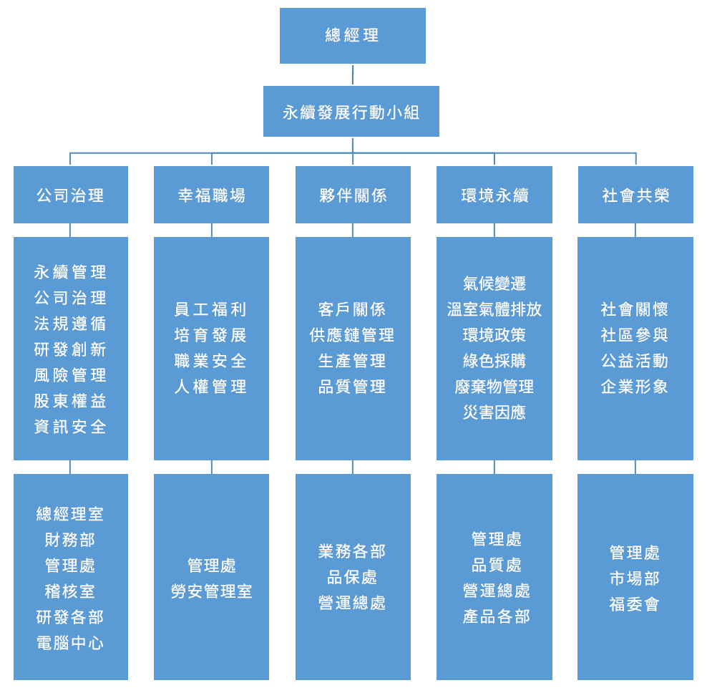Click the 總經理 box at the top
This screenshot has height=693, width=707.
point(352,35)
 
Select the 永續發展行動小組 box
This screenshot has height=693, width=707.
point(351,112)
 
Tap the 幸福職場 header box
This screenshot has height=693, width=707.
point(211,195)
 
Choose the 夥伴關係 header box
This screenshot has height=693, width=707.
point(353,195)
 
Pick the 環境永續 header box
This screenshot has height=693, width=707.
point(494,195)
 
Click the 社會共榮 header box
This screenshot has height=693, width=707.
point(635,195)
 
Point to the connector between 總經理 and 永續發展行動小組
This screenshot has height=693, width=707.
point(353,74)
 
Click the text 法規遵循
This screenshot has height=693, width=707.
point(70,324)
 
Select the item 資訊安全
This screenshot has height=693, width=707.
point(70,427)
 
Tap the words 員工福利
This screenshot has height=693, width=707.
point(211,309)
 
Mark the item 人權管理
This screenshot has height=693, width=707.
point(211,387)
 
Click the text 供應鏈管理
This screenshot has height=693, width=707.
point(352,335)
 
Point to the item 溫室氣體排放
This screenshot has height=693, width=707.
point(494,309)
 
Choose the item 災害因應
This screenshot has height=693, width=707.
point(494,412)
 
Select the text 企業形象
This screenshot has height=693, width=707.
point(635,387)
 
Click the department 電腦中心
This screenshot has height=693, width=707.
point(70,643)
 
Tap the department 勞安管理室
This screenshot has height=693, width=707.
point(211,591)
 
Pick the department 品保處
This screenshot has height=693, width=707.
point(352,577)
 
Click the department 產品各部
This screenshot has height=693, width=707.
point(496,616)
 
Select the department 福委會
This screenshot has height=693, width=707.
point(635,604)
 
